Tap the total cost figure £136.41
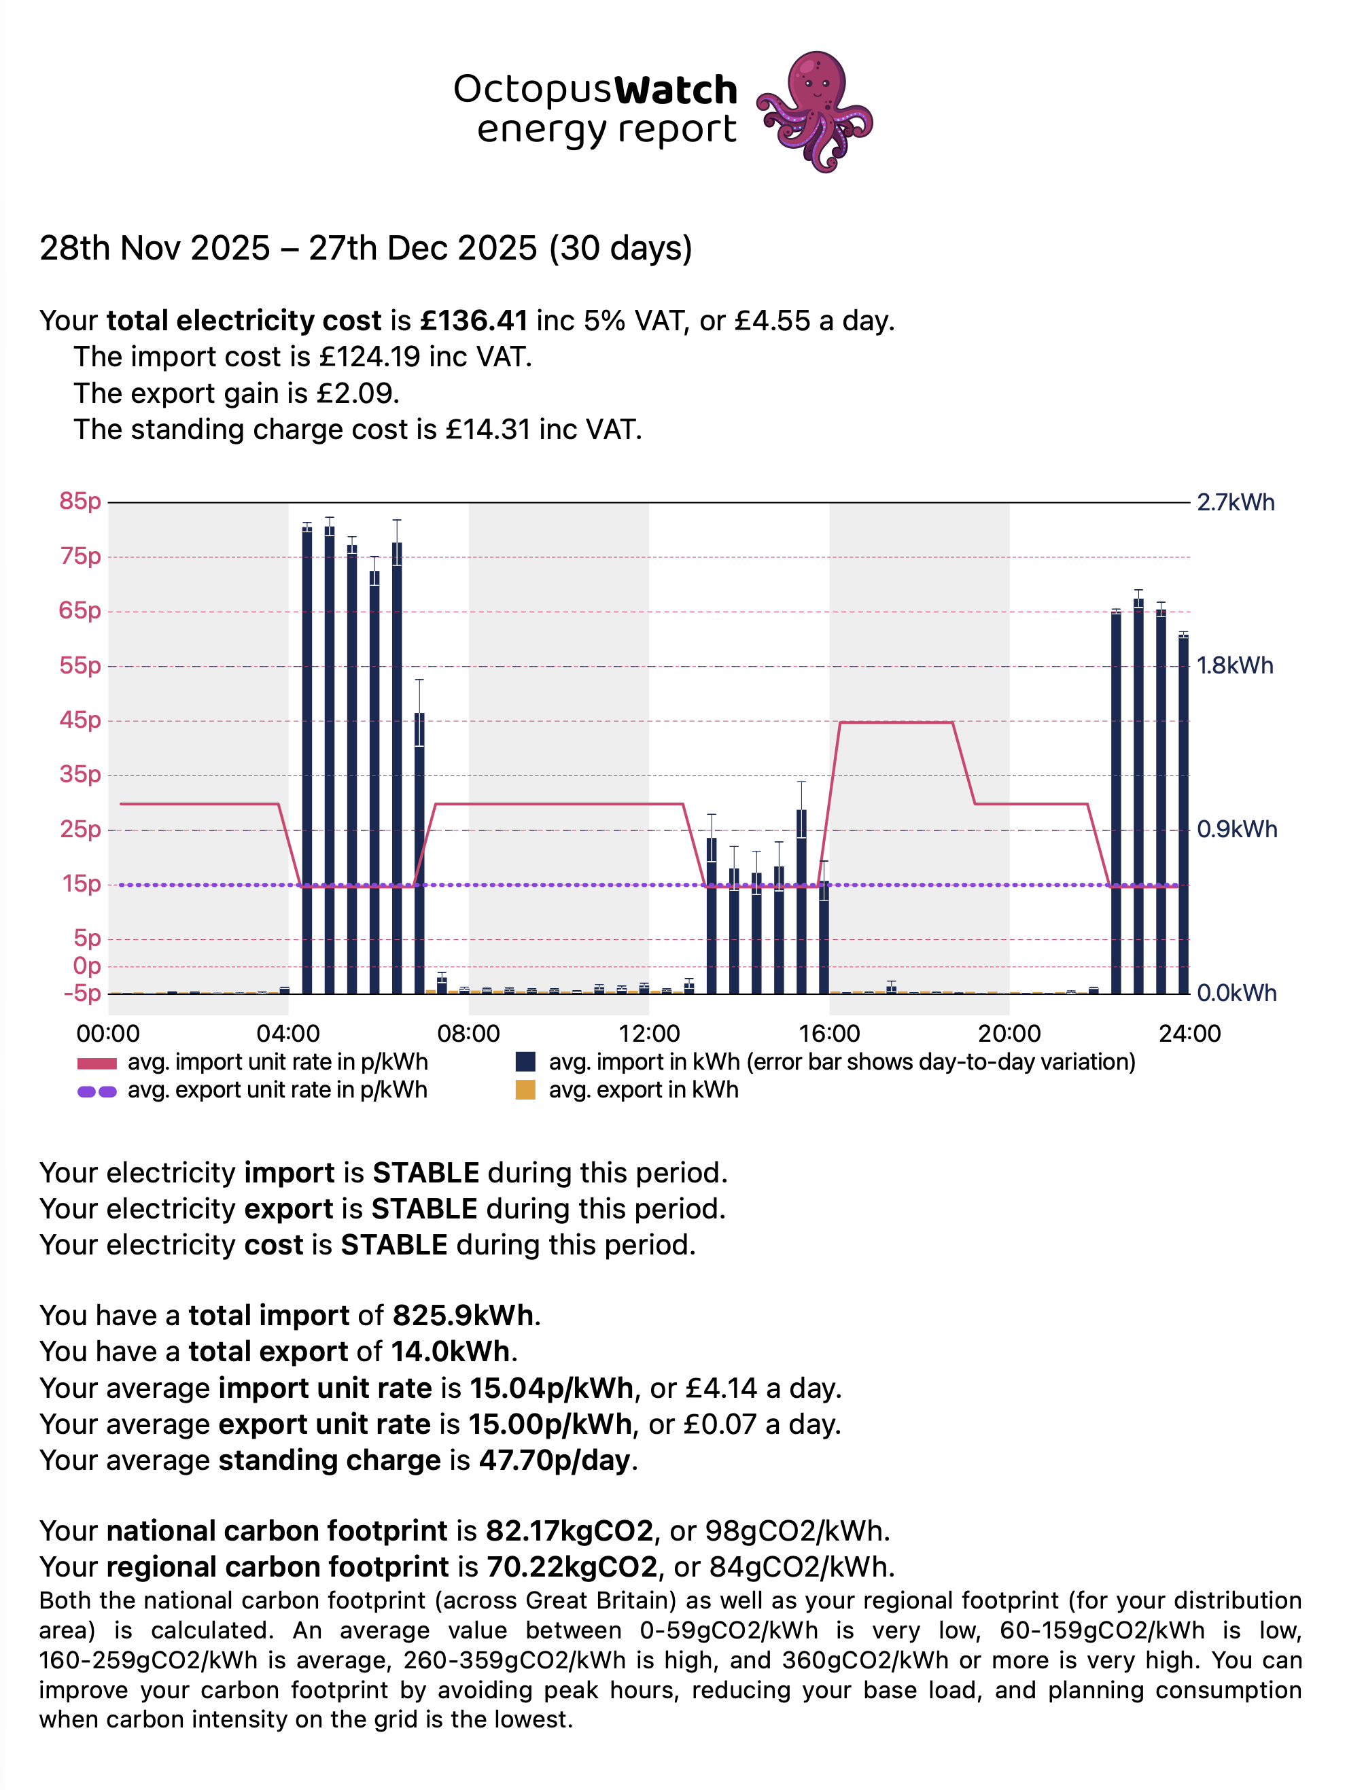pos(474,321)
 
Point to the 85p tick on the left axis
pos(80,502)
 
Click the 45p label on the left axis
pos(80,720)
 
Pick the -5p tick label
pos(82,994)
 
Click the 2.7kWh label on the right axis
pos(1236,502)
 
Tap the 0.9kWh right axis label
pos(1236,830)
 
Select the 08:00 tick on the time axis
pos(468,1034)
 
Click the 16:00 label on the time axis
pos(829,1034)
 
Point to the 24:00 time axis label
pos(1189,1034)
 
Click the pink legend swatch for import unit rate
pos(97,1062)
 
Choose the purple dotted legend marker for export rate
pos(97,1091)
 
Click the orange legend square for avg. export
pos(525,1091)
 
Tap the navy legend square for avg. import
pos(525,1062)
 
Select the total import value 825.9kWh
pos(463,1316)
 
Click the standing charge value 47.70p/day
pos(555,1460)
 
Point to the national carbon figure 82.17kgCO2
pos(569,1531)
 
